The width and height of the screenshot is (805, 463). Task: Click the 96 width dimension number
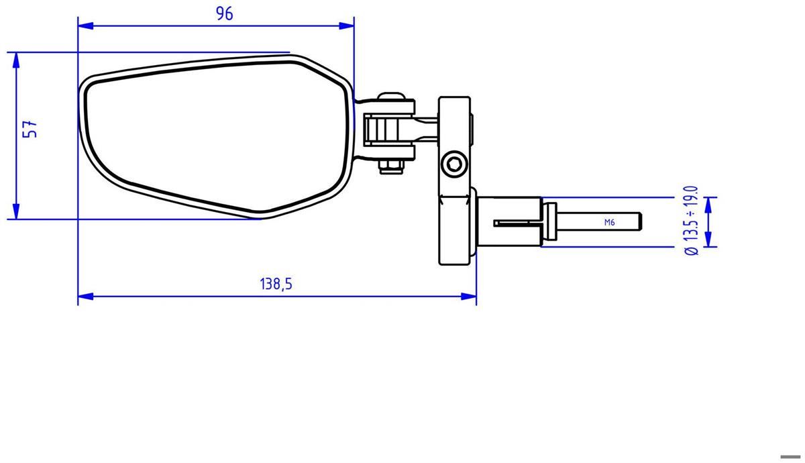(225, 13)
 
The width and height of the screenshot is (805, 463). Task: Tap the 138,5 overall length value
(276, 284)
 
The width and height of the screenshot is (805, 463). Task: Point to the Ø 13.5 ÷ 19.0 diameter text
(691, 221)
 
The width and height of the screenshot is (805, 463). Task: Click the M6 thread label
(609, 222)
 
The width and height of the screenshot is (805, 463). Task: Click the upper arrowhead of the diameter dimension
(710, 202)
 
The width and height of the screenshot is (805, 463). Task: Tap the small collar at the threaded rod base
(550, 221)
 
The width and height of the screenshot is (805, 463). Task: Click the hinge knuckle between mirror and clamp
(389, 129)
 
